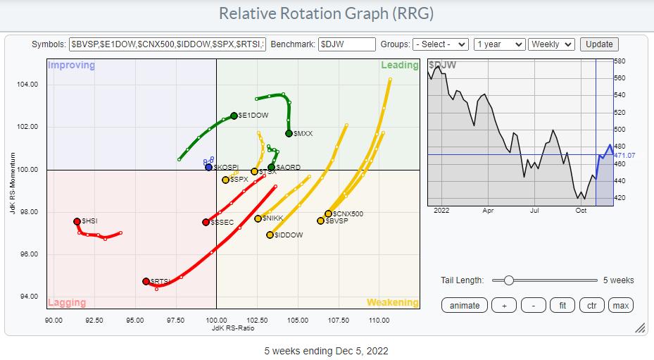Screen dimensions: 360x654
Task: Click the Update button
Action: (x=599, y=44)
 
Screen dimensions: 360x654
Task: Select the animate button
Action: (x=465, y=305)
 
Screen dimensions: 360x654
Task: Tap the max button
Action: (x=620, y=305)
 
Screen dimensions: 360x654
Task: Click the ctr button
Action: (x=592, y=305)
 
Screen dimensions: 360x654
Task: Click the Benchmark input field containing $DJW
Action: (x=346, y=44)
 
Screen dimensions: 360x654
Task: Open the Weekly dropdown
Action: (x=552, y=44)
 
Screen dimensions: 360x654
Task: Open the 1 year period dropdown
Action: (x=499, y=44)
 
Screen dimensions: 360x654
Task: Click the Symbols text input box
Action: (x=168, y=44)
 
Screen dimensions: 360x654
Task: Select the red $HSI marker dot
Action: (x=77, y=221)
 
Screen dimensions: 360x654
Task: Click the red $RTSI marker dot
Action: (x=146, y=281)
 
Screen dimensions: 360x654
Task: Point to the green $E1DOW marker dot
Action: (x=234, y=116)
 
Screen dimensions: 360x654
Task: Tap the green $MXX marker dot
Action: (x=289, y=133)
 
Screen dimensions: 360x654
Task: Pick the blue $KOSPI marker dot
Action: (x=208, y=167)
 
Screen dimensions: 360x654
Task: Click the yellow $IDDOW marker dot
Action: (x=270, y=235)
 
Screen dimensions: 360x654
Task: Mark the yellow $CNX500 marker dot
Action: (x=328, y=213)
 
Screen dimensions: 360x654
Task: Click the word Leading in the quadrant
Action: (x=399, y=66)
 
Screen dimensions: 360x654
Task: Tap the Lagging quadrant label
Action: (x=67, y=303)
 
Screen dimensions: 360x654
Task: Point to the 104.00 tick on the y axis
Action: (x=27, y=85)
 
